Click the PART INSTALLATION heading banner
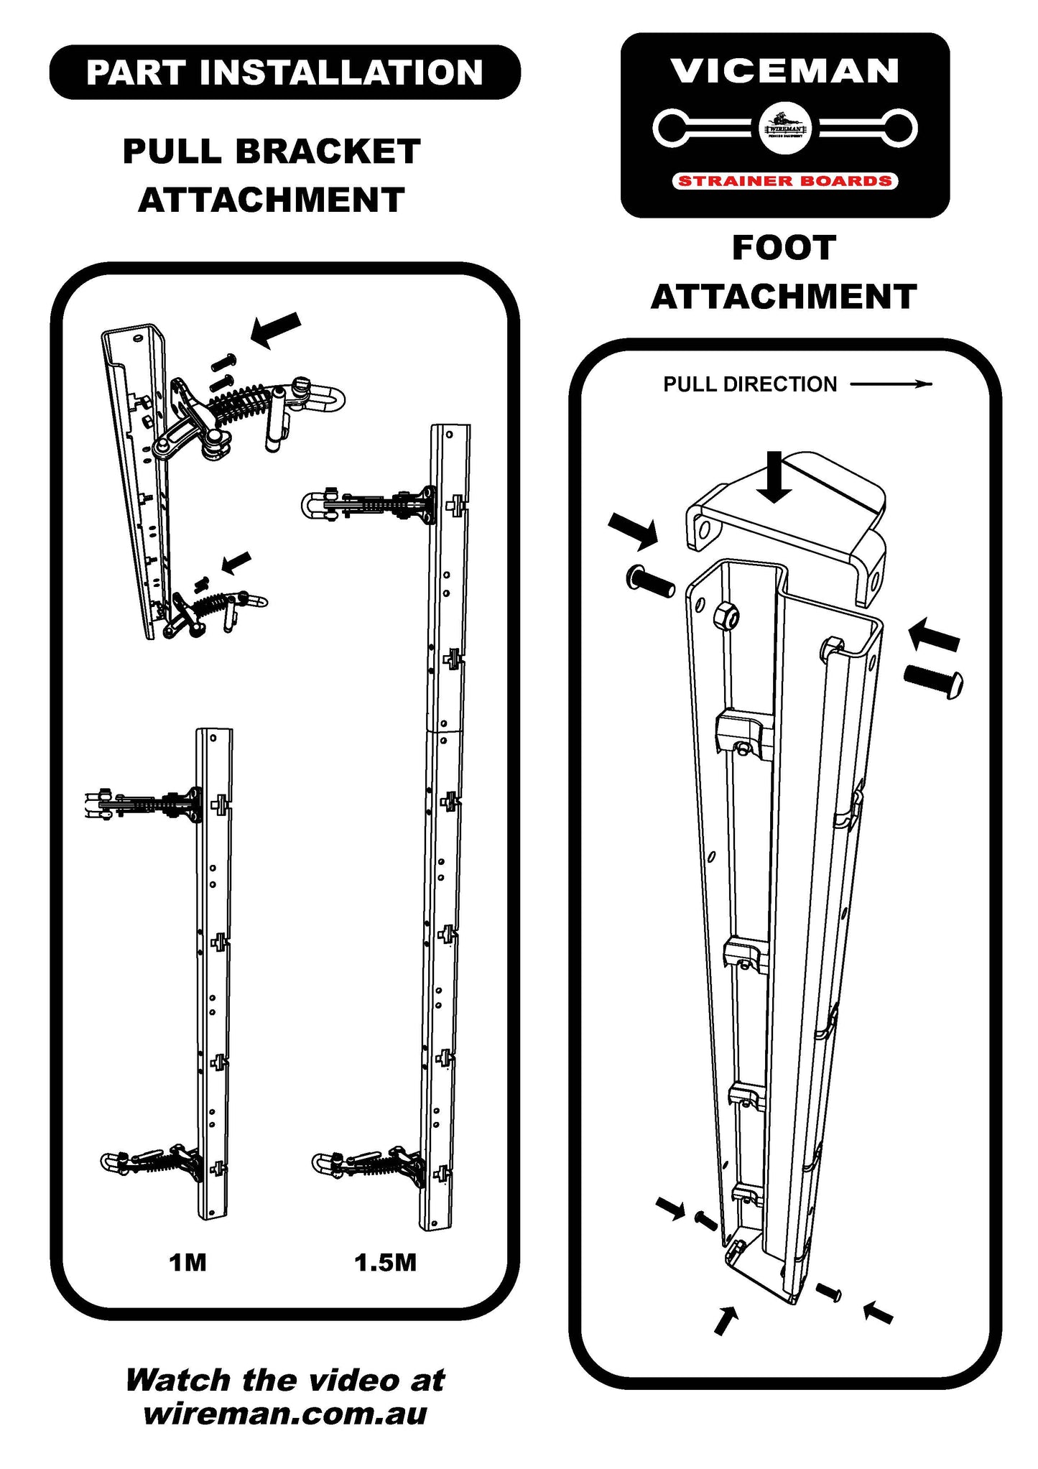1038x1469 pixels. point(284,73)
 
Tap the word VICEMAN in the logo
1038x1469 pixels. point(784,71)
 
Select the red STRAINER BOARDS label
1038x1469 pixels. point(784,181)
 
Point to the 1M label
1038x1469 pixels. point(187,1262)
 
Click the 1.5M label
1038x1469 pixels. point(385,1262)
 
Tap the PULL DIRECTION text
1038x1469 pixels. point(750,384)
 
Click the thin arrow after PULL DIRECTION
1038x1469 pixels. point(891,384)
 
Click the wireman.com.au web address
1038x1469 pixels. point(285,1413)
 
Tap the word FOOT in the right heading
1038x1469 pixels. point(784,249)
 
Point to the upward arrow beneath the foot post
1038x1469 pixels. point(726,1320)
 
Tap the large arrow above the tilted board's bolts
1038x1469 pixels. point(275,329)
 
